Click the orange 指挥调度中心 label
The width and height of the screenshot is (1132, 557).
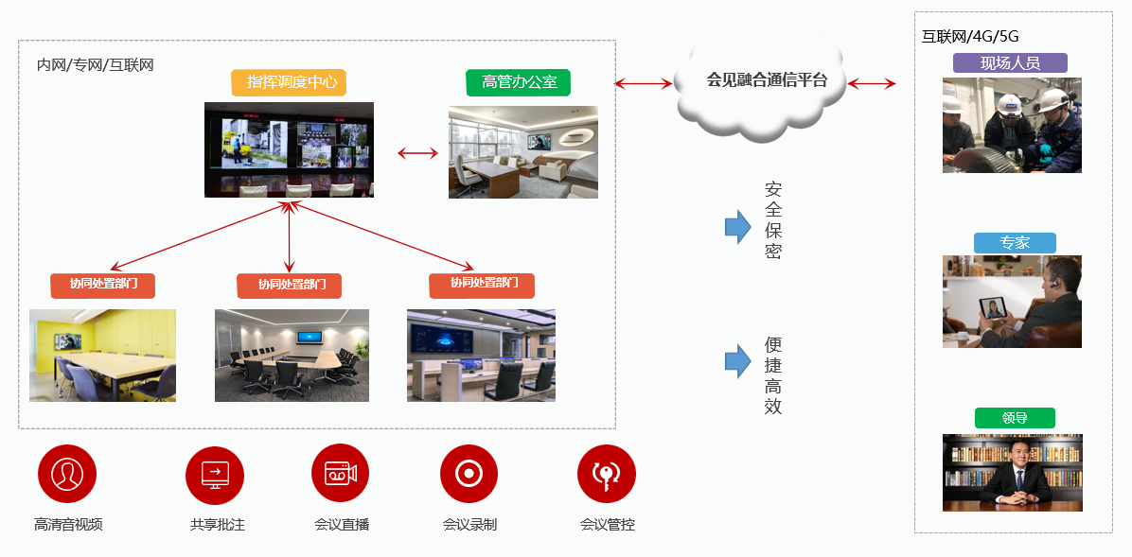coord(289,82)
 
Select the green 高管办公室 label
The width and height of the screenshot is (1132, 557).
coord(519,82)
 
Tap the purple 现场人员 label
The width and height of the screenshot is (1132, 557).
coord(1010,63)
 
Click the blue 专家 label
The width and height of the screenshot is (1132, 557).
coord(1014,243)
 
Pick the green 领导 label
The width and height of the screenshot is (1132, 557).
coord(1014,418)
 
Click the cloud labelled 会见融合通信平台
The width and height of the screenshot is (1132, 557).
coord(767,80)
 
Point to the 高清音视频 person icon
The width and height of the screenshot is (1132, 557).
coord(67,474)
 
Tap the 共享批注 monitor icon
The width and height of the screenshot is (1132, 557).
coord(215,474)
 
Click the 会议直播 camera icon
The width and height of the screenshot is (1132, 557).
coord(340,474)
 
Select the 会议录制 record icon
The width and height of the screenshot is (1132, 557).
coord(469,474)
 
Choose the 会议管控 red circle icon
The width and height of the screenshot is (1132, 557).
coord(607,474)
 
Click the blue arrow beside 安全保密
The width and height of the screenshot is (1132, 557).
coord(737,227)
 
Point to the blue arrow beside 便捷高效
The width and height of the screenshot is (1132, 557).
coord(737,360)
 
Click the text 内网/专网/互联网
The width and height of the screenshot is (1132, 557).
coord(95,65)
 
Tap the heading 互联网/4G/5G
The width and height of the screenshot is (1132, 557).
coord(970,37)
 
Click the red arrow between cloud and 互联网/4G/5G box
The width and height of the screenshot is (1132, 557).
coord(871,84)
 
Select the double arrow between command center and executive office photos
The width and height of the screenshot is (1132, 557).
coord(417,152)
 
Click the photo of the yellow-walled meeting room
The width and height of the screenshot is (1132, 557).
coord(102,355)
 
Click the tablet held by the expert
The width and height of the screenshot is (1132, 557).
coord(993,308)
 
